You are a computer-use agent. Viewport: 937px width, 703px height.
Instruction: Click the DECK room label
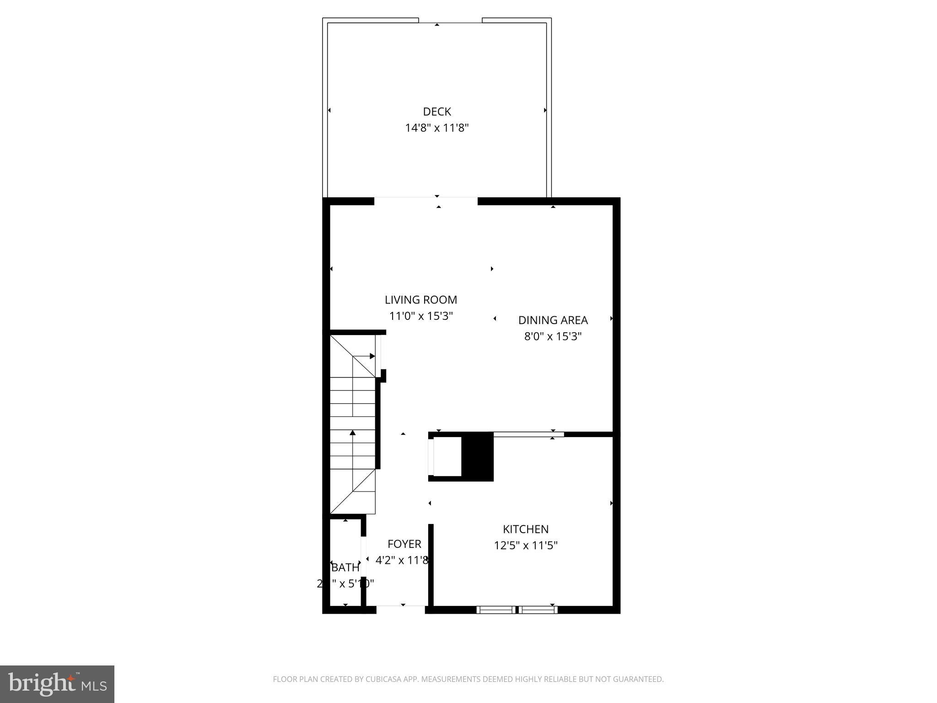(437, 112)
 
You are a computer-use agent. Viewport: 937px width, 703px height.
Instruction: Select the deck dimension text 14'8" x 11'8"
(437, 128)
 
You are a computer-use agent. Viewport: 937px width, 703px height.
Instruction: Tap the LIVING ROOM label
(421, 300)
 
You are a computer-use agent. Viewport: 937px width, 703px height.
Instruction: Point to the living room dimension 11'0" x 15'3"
(421, 316)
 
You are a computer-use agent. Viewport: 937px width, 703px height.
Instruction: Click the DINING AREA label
(553, 320)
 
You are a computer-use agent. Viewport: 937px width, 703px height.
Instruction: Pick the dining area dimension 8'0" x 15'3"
(553, 336)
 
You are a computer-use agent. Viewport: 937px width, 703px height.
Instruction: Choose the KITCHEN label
(526, 529)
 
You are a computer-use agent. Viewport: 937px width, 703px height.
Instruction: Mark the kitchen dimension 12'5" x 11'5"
(526, 546)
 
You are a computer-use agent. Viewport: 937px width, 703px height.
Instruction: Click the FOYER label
(404, 544)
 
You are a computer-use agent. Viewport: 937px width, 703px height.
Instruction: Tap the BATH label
(345, 568)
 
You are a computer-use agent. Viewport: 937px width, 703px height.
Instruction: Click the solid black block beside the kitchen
(477, 457)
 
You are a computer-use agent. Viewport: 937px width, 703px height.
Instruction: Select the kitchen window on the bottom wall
(517, 610)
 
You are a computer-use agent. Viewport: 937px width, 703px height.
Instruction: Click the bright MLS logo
(57, 684)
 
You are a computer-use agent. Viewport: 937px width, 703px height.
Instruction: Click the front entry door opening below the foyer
(401, 610)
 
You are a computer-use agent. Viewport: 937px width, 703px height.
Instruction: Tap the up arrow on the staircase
(353, 433)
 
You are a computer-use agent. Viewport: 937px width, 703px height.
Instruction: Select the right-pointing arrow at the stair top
(372, 356)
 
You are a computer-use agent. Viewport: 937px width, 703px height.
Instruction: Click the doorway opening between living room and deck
(426, 201)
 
